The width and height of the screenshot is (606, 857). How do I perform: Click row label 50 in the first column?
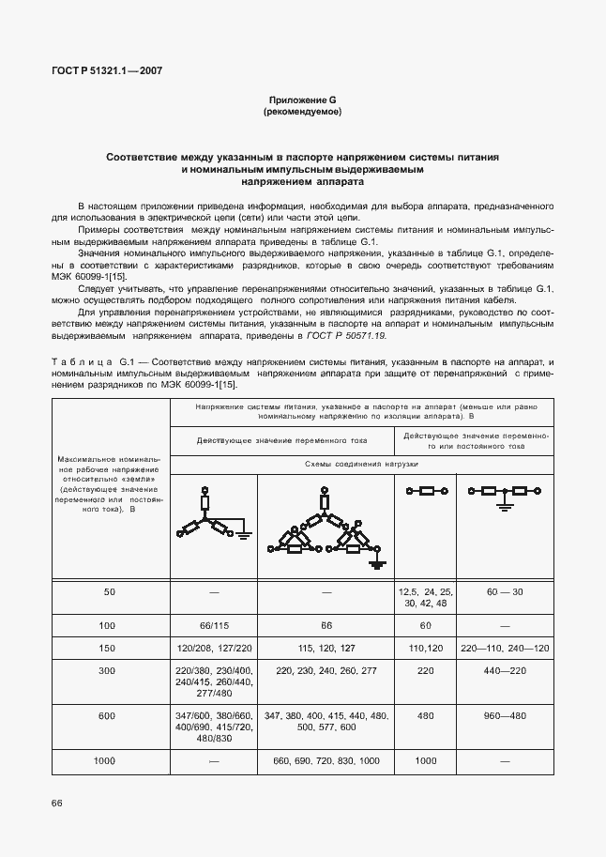[109, 593]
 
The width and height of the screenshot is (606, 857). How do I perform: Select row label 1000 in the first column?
[109, 760]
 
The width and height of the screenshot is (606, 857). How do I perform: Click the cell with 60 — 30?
[504, 593]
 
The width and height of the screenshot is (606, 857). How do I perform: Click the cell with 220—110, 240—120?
[504, 649]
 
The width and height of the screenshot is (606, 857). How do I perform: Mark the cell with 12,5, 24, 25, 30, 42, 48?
[426, 598]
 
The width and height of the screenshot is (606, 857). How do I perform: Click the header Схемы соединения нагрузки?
[361, 465]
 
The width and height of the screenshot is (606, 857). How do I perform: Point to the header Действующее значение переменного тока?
[282, 439]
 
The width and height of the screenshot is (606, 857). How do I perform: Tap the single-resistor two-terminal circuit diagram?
[426, 490]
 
